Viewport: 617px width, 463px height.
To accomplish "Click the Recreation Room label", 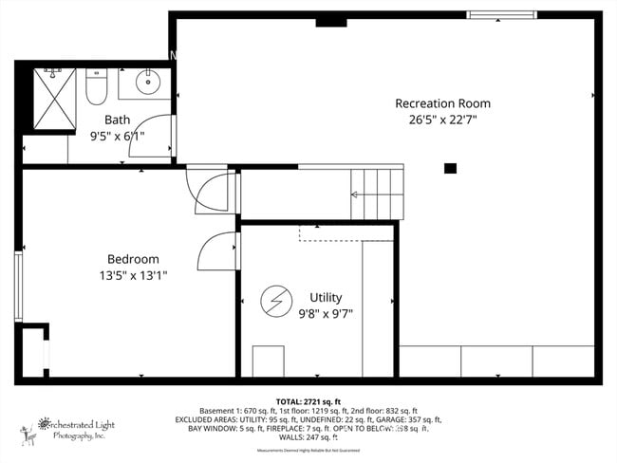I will click(x=443, y=102).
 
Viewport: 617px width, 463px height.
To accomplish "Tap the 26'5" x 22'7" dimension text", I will click(x=443, y=120).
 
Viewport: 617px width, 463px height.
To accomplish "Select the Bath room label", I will click(x=117, y=120).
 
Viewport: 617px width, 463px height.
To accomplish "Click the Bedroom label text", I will click(x=132, y=259).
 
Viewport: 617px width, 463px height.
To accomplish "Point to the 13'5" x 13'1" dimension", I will click(x=132, y=275).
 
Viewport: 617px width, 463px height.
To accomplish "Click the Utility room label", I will click(x=326, y=297).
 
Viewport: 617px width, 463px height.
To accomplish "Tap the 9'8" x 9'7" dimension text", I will click(x=326, y=313).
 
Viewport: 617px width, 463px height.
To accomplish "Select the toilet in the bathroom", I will click(x=96, y=87).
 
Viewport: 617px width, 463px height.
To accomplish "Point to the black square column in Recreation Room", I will click(x=450, y=169).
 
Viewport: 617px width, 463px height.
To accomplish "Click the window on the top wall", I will click(x=501, y=15).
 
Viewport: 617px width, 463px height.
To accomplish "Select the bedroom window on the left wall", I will click(x=17, y=287).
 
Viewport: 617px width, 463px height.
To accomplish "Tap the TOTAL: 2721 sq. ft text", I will click(x=308, y=401).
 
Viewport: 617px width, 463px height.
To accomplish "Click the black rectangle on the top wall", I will click(x=330, y=20).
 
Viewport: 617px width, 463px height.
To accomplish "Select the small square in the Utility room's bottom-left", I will click(x=268, y=361).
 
